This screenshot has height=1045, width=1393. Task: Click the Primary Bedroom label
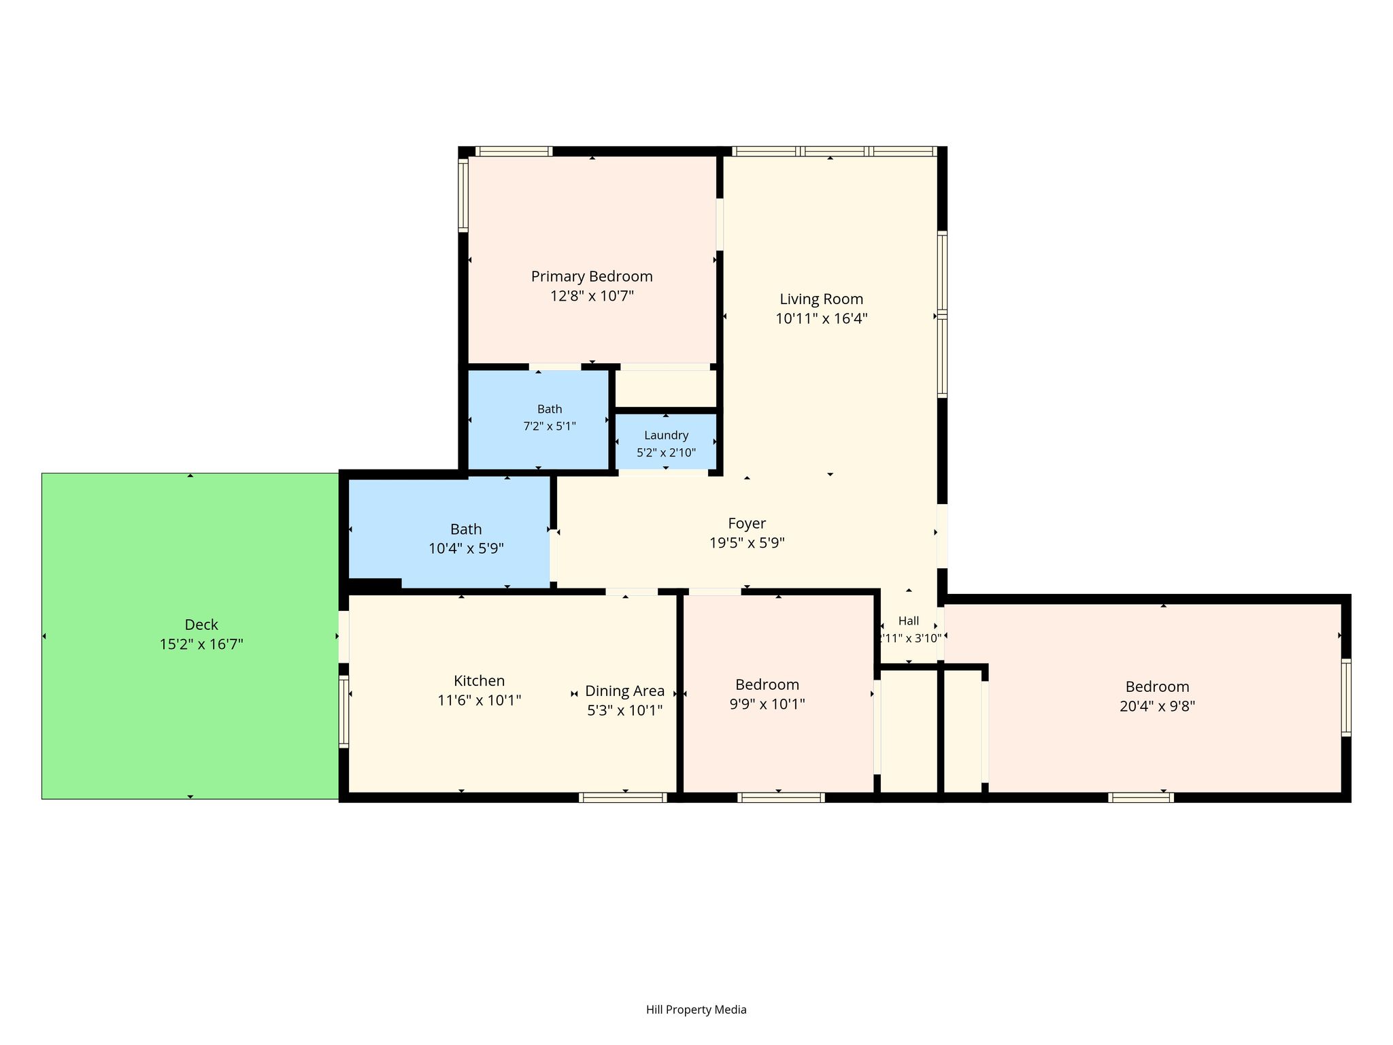592,277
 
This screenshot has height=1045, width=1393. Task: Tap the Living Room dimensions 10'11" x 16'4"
822,318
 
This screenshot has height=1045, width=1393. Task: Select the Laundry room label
667,435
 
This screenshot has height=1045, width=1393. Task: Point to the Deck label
201,625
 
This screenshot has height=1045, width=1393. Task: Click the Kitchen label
480,681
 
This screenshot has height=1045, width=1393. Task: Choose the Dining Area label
625,691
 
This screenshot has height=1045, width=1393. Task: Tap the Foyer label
747,524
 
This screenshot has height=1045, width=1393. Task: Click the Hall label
909,621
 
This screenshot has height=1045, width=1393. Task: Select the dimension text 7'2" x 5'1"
550,427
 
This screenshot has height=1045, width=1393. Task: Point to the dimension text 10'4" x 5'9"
466,548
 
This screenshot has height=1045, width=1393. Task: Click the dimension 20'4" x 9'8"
1157,706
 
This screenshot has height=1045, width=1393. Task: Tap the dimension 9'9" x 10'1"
767,704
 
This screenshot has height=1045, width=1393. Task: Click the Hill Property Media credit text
696,1010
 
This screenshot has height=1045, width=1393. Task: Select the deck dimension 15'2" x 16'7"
201,644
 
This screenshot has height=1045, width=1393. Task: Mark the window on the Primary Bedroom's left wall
463,195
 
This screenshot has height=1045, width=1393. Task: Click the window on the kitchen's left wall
343,712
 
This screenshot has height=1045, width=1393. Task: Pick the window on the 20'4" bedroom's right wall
1346,697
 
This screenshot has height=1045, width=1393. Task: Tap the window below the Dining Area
623,797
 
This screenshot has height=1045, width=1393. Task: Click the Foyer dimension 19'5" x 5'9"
747,544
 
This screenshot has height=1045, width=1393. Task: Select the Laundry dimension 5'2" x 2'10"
667,452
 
